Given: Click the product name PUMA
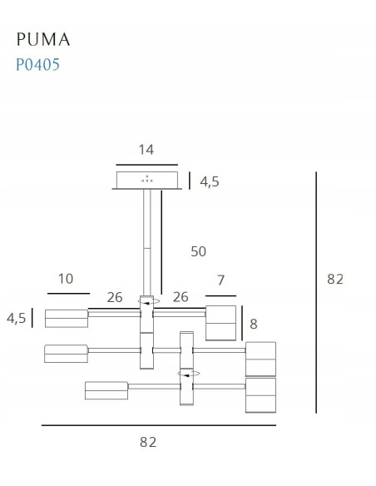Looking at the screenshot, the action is coord(43,39).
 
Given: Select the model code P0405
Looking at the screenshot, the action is coord(37,64).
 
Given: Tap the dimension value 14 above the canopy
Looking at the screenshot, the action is coord(146,150).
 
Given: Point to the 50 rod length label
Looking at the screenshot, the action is coord(198,251).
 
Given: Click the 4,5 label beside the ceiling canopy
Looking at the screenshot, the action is coord(210,181).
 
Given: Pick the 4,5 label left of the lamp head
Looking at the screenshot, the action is coord(16,318).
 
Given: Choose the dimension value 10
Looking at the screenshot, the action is coord(66,279).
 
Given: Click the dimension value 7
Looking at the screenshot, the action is coord(220,280).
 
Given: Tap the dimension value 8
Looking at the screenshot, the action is coord(254,324).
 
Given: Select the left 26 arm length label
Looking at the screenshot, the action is coord(115,297).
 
